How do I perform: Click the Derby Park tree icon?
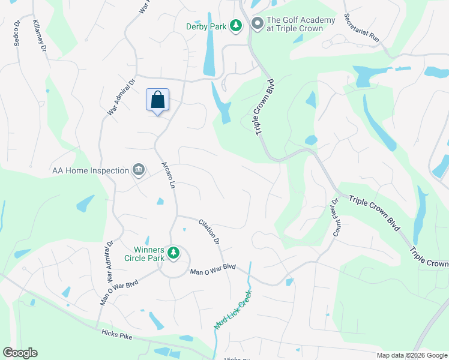tap(237, 24)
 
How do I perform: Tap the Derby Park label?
tap(206, 27)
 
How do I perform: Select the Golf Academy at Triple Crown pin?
tap(257, 24)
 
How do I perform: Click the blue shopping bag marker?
tap(157, 100)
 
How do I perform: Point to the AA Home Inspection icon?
tap(139, 170)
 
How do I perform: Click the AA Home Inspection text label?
tap(91, 170)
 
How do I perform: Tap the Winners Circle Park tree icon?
tap(173, 253)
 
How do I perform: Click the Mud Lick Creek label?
tap(234, 310)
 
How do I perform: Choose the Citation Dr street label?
tap(209, 232)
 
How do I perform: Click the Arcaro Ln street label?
tap(168, 176)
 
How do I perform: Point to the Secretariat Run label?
tap(362, 28)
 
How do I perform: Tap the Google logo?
tap(20, 353)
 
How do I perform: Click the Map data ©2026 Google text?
tap(412, 355)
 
